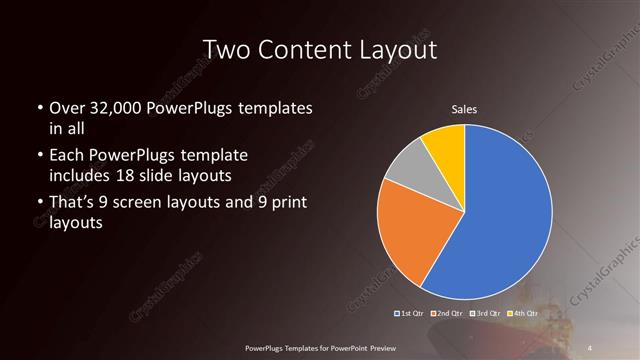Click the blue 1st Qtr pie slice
(x=505, y=215)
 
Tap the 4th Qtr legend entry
(x=519, y=314)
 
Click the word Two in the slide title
(x=226, y=50)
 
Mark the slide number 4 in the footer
(x=590, y=346)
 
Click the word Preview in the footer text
(x=382, y=346)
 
